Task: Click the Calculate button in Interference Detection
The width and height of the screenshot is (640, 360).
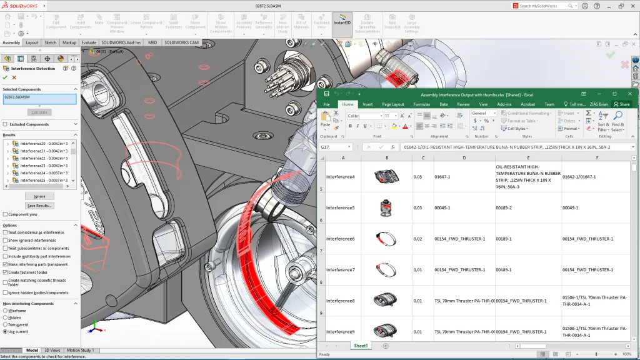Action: pyautogui.click(x=39, y=112)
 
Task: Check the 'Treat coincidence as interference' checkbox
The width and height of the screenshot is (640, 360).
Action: pyautogui.click(x=6, y=232)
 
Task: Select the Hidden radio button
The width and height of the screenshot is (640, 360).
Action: pyautogui.click(x=6, y=317)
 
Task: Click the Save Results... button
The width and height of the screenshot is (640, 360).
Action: pyautogui.click(x=39, y=206)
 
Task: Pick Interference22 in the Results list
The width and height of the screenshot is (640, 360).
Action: pyautogui.click(x=41, y=158)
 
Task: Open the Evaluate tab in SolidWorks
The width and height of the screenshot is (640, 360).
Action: pyautogui.click(x=89, y=42)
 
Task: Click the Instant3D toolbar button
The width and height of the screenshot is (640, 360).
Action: pyautogui.click(x=342, y=23)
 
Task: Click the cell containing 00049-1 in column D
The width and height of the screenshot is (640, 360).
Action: pyautogui.click(x=464, y=207)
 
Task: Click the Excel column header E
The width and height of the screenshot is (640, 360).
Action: pyautogui.click(x=528, y=157)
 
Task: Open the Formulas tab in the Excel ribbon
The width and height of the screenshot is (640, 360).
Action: pyautogui.click(x=421, y=104)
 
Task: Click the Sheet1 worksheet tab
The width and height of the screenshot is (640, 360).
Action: pyautogui.click(x=361, y=346)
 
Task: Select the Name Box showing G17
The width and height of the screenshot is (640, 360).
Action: pyautogui.click(x=335, y=147)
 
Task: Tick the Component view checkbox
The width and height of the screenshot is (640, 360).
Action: pyautogui.click(x=6, y=214)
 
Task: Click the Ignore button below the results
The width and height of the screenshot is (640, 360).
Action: pyautogui.click(x=39, y=196)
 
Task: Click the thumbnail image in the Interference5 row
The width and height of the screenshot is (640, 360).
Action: pyautogui.click(x=386, y=207)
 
